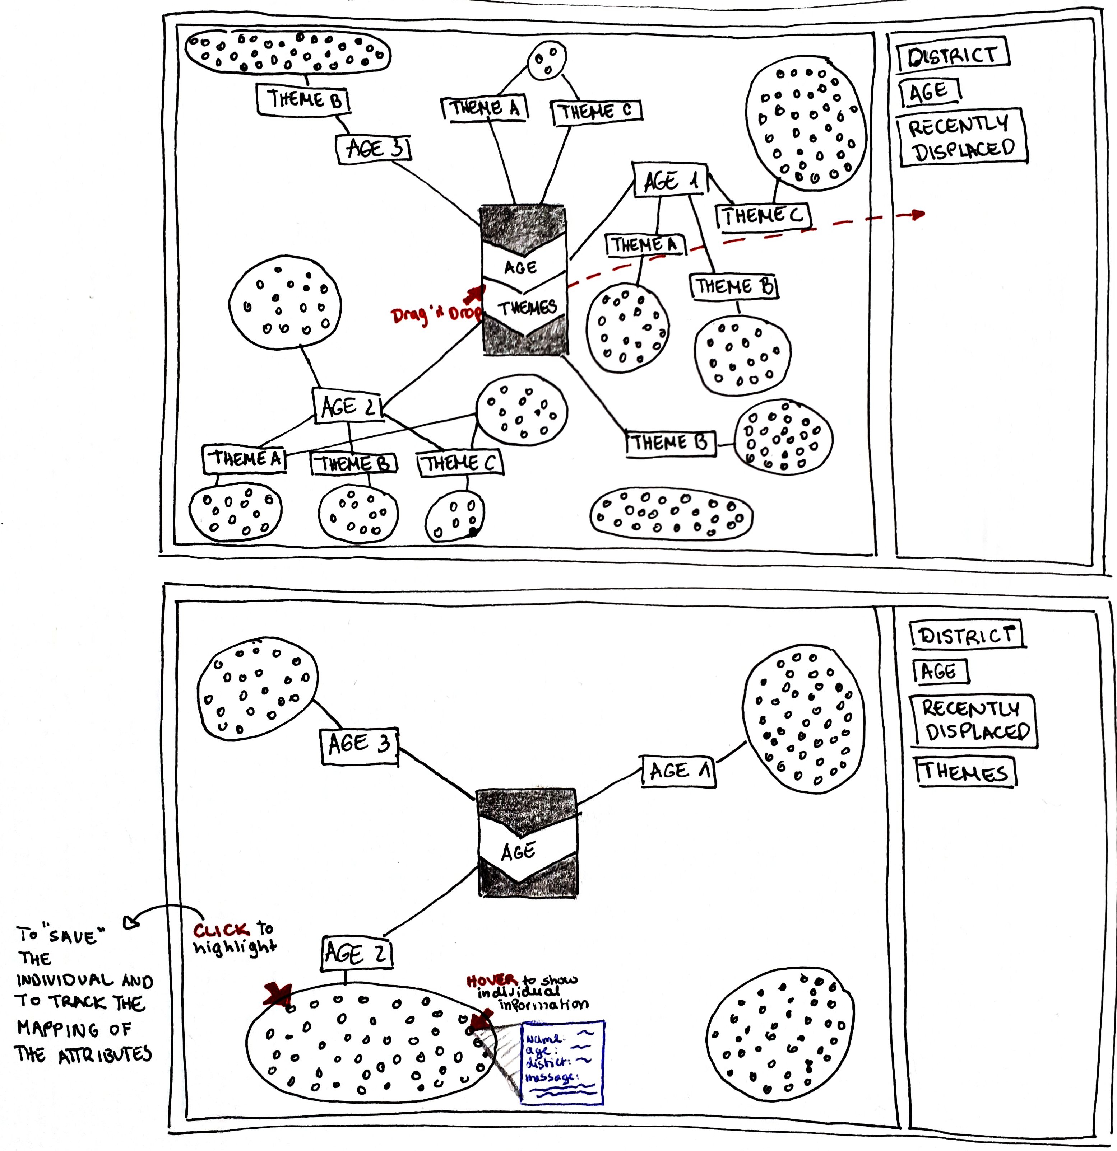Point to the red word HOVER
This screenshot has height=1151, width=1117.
click(492, 980)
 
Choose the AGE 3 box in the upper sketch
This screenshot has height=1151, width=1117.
click(373, 149)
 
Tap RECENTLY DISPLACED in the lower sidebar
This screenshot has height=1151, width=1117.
click(974, 721)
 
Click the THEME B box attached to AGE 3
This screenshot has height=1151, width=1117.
click(303, 99)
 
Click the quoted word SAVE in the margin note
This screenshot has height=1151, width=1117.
click(73, 936)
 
